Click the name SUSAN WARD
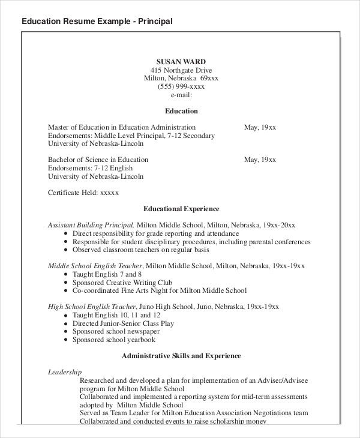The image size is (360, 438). coord(181,61)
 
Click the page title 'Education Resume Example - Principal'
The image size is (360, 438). coord(97,22)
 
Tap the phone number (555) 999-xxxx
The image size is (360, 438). coord(181,86)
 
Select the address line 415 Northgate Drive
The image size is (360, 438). coord(181,70)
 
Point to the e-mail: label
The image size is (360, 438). coord(181,95)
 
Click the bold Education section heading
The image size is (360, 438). coord(181,111)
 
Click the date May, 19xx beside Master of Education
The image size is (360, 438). coord(260,127)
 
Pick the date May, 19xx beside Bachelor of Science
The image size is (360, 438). coord(260,160)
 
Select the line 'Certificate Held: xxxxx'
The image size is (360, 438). coord(83,193)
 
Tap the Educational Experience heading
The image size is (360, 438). coord(181,209)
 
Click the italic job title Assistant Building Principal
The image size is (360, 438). coord(91,225)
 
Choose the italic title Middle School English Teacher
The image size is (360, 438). coord(95,266)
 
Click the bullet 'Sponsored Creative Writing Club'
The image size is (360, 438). coord(122,282)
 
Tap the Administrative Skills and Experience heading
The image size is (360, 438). coord(181,356)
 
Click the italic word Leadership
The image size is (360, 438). coord(65,372)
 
